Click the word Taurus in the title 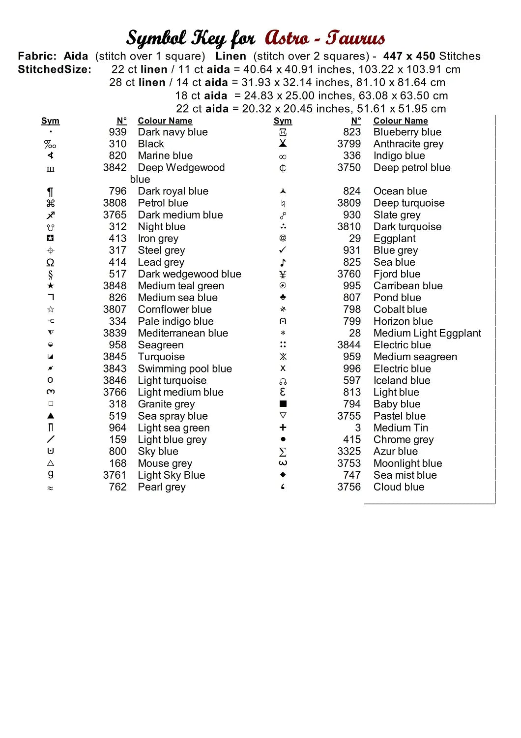click(355, 38)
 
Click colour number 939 click(117, 132)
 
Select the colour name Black click(151, 144)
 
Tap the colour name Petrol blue click(163, 203)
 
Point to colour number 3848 click(115, 285)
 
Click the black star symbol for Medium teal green click(51, 286)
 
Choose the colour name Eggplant click(394, 238)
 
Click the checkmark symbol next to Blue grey click(283, 250)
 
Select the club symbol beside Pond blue click(283, 297)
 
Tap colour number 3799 click(349, 144)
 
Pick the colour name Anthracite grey click(408, 144)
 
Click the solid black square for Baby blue click(283, 403)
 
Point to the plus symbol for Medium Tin click(283, 428)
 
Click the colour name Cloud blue click(399, 487)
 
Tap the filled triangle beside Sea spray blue click(51, 416)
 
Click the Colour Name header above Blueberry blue click(400, 121)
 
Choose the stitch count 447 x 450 click(409, 56)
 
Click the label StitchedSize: click(55, 69)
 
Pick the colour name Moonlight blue click(407, 463)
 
